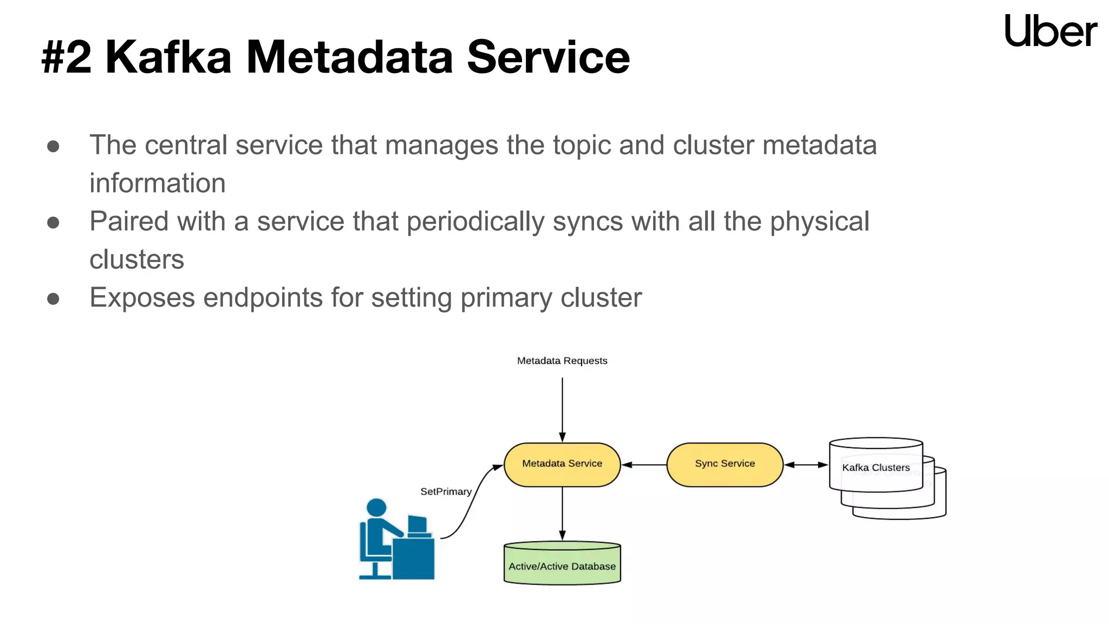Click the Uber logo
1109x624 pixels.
click(1050, 31)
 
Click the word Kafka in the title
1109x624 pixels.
click(168, 57)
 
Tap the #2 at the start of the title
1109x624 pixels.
click(67, 57)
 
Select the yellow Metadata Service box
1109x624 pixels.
click(562, 464)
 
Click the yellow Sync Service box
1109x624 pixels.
click(725, 464)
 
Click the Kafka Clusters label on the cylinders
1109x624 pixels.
click(876, 467)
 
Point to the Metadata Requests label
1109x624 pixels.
click(562, 361)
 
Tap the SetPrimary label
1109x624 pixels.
click(446, 492)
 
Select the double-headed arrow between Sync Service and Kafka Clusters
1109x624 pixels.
click(806, 465)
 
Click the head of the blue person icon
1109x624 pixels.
click(376, 508)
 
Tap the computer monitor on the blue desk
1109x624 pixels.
click(417, 524)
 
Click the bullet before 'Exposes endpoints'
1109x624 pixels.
click(53, 299)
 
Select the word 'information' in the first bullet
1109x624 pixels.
click(157, 183)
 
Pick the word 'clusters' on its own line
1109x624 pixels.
click(136, 260)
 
